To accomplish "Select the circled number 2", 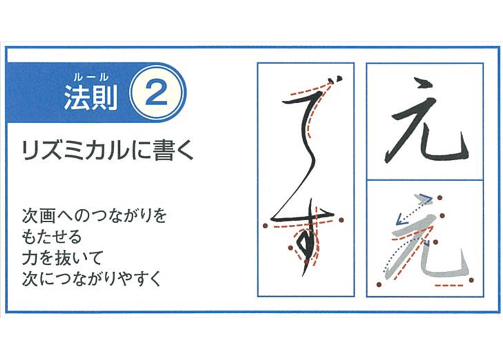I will pos(158,95).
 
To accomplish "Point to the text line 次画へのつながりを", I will pos(94,216).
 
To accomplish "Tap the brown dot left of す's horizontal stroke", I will pos(265,225).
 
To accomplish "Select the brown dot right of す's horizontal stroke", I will pos(341,220).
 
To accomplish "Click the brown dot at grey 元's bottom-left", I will pos(379,284).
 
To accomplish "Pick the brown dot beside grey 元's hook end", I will pos(471,280).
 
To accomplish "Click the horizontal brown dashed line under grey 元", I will pos(451,285).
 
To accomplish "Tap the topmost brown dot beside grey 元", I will pos(439,198).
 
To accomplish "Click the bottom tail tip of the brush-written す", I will pos(303,275).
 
